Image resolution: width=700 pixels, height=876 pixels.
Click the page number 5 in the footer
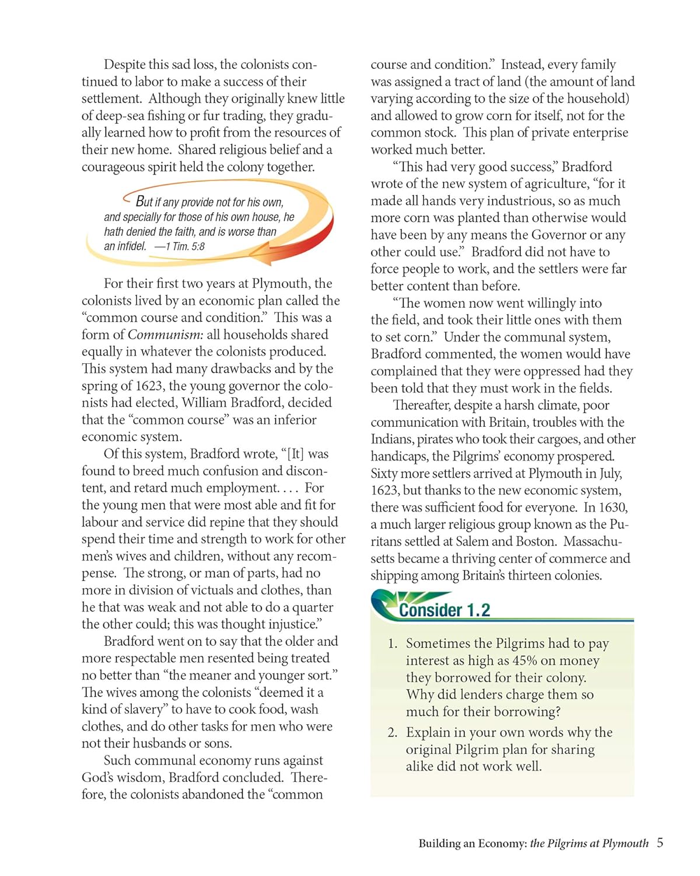pos(660,843)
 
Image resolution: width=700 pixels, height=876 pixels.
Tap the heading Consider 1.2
pos(444,610)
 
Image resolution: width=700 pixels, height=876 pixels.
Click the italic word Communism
pos(165,335)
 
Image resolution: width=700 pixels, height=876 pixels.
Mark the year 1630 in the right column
pos(613,507)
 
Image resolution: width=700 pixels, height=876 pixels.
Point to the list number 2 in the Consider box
pos(392,732)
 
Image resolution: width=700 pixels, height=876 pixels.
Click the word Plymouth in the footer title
pos(625,843)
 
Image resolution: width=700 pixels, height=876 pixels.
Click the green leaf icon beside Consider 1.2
pos(386,605)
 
